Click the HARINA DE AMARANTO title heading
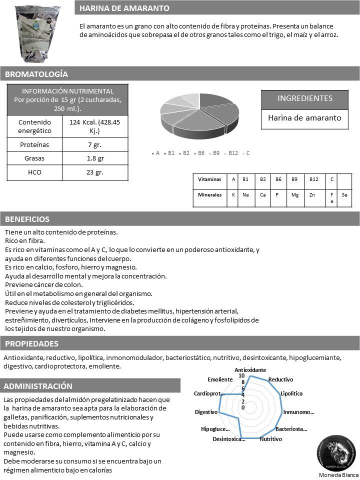click(124, 8)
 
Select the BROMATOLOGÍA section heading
click(36, 74)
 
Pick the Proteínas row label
click(34, 144)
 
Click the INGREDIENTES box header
click(304, 98)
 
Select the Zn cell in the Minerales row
click(312, 195)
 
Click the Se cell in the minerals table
click(344, 195)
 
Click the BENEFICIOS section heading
click(27, 219)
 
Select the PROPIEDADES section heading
click(31, 343)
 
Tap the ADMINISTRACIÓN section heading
click(37, 386)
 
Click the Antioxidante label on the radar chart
click(250, 369)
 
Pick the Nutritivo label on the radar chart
click(270, 439)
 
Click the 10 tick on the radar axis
click(241, 376)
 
